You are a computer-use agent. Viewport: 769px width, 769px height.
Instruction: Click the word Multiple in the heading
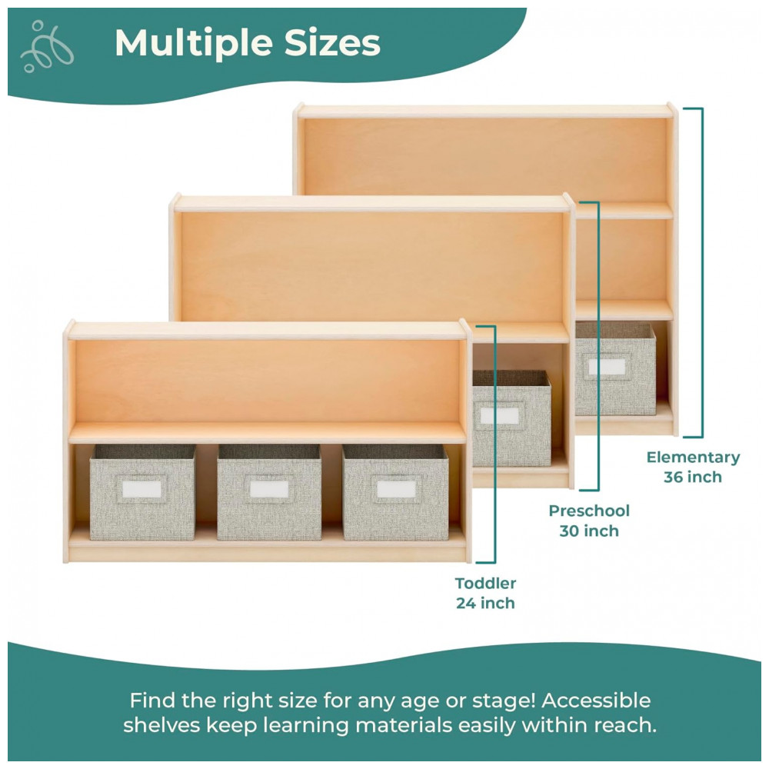pos(194,43)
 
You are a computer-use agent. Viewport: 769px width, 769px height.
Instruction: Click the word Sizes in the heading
pos(332,42)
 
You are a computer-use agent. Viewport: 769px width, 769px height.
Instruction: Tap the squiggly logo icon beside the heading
pos(47,46)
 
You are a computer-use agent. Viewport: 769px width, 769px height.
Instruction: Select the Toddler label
pos(485,583)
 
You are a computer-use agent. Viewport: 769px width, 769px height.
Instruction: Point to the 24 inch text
pos(485,603)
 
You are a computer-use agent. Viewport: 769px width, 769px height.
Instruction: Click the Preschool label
pos(589,511)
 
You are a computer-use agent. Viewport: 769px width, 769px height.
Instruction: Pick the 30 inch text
pos(589,531)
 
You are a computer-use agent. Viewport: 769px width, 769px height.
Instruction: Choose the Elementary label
pos(693,458)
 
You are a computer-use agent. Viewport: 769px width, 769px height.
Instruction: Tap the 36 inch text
pos(693,477)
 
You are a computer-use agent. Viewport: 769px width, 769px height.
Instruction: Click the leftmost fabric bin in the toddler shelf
pos(143,492)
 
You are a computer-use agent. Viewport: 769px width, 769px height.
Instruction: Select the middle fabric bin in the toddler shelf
pos(269,492)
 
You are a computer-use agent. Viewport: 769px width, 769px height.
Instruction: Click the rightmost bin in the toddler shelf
pos(396,492)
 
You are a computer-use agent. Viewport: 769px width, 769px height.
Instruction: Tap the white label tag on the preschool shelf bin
pos(500,416)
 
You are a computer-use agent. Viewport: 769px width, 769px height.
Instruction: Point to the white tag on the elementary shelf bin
pos(608,367)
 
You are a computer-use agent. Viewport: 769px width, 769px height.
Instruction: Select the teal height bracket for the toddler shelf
pos(494,444)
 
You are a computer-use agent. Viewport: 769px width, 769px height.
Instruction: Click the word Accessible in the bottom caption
pos(596,701)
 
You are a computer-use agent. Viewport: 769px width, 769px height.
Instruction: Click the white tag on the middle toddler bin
pos(269,489)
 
